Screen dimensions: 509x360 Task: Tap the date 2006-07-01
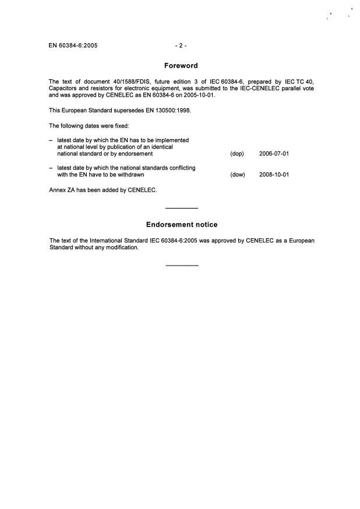[x=274, y=154]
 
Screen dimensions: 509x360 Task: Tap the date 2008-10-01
[x=274, y=174]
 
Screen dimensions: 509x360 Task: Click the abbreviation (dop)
[x=237, y=154]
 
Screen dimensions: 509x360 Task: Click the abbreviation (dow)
[x=238, y=174]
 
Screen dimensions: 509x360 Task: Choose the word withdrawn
[x=129, y=174]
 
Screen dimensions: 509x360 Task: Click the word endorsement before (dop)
[x=135, y=154]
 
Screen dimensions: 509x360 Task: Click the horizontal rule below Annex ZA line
[x=182, y=208]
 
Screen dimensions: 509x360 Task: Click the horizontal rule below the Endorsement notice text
[x=182, y=266]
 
